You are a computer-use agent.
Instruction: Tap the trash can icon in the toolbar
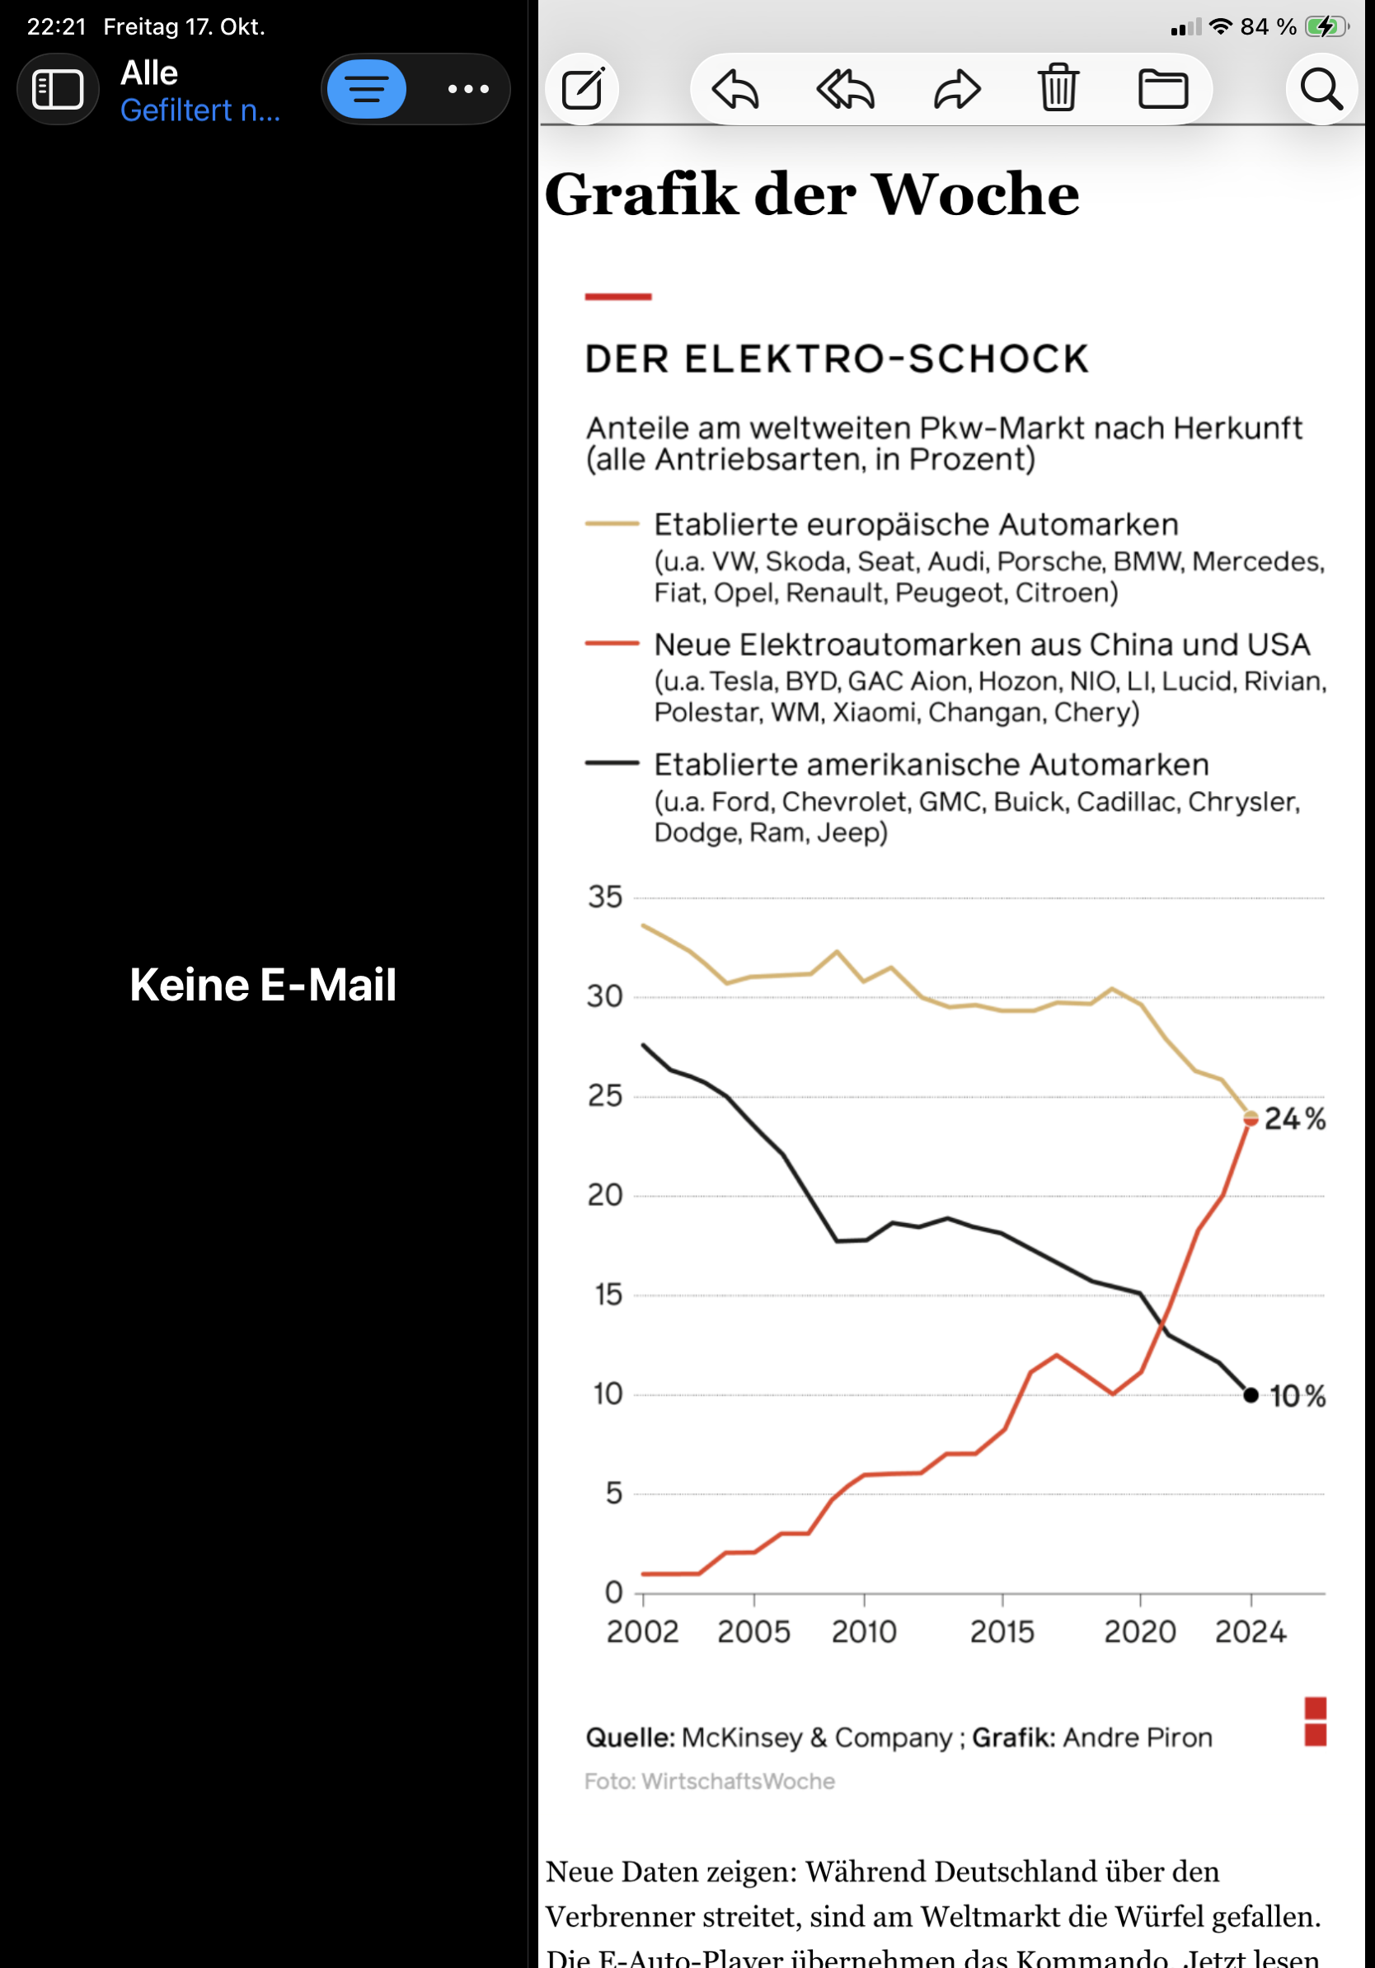coord(1058,88)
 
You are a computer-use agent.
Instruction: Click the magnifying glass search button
coord(1320,88)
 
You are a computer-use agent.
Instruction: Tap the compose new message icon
coord(582,88)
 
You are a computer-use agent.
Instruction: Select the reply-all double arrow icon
coord(845,88)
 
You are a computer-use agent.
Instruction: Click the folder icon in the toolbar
coord(1163,88)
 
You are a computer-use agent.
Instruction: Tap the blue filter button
coord(367,88)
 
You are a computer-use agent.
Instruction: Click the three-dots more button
coord(468,88)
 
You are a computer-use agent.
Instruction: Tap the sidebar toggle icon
coord(58,88)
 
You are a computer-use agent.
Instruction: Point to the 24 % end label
coord(1294,1118)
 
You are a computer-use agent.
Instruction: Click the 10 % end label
coord(1297,1396)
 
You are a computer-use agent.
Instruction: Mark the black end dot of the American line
coord(1251,1395)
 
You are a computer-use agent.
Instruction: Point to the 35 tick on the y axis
coord(604,897)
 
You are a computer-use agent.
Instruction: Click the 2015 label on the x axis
coord(1002,1632)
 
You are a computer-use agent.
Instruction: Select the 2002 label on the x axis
coord(642,1632)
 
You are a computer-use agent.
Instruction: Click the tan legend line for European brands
coord(611,522)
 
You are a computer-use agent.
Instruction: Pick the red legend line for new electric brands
coord(611,643)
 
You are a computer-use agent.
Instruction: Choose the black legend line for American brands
coord(611,763)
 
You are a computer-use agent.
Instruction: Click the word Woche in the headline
coord(975,194)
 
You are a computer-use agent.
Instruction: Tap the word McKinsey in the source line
coord(742,1737)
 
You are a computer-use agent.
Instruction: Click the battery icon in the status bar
coord(1326,26)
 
